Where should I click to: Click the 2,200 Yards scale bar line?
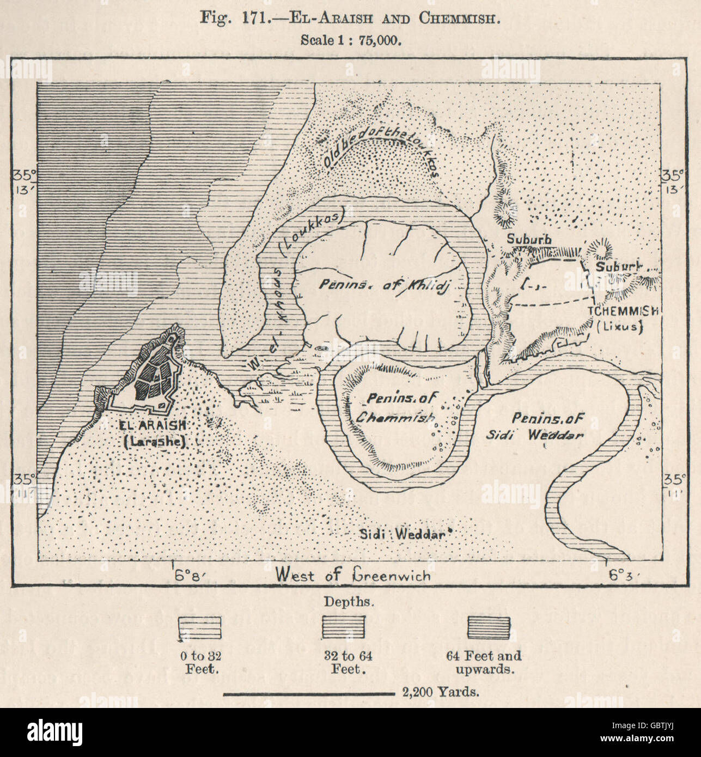[x=308, y=694]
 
